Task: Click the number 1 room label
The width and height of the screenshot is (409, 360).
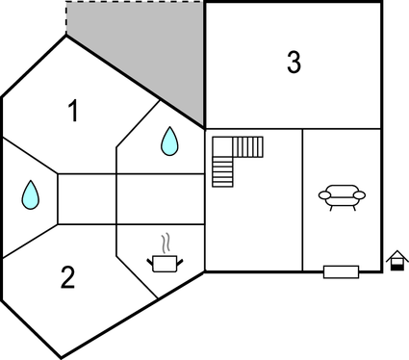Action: coord(73,112)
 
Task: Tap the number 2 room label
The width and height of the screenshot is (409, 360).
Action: coord(67,278)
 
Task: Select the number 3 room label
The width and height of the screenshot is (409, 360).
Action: coord(294,63)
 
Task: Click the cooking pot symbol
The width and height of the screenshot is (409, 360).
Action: coord(164,261)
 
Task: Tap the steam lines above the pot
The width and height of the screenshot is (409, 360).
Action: coord(166,240)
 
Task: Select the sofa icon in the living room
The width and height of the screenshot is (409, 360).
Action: coord(342,197)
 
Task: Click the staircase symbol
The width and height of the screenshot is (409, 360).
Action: coord(235,159)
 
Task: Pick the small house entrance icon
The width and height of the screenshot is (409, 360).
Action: coord(395,260)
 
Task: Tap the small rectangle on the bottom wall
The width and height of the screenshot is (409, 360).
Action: coord(341,271)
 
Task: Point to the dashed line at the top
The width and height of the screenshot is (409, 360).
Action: coord(135,3)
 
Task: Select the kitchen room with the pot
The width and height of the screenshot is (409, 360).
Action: coord(159,245)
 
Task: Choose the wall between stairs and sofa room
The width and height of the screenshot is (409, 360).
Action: coord(303,202)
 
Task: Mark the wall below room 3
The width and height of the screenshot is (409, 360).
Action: coord(294,128)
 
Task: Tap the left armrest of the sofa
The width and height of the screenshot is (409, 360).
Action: coord(323,195)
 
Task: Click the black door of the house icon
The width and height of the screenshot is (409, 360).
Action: coord(395,266)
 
